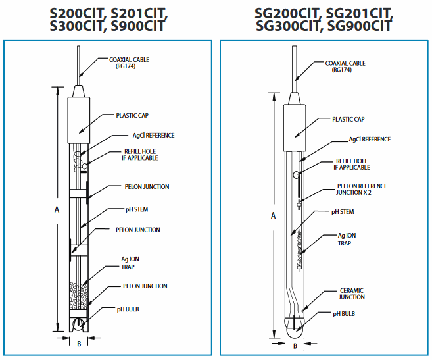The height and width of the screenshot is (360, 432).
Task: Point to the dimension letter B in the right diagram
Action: (x=295, y=345)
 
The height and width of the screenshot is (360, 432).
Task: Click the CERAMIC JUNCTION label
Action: (x=350, y=294)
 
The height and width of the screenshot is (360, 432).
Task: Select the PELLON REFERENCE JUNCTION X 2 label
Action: (x=362, y=190)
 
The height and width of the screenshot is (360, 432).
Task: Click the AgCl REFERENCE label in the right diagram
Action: (x=370, y=140)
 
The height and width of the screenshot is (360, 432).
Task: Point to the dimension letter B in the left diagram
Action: (x=79, y=343)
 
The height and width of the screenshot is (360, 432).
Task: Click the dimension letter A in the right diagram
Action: (x=273, y=215)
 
